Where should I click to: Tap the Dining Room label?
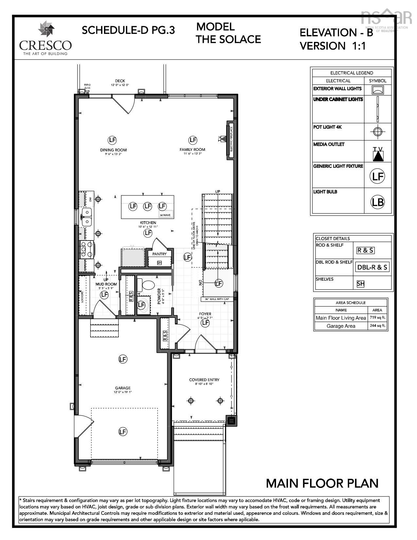113,150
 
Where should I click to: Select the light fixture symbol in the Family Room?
193,140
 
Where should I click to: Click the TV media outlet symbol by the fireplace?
222,139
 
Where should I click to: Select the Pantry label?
160,254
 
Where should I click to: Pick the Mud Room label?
106,284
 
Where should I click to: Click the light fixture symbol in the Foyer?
205,323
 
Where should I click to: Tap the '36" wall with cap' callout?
217,299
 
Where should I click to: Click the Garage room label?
123,388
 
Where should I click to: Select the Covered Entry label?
204,380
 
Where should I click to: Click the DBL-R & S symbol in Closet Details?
372,267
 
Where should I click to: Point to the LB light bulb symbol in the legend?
377,202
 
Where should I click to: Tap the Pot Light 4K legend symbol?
377,132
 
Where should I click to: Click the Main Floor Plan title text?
322,483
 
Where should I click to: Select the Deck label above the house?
120,81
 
